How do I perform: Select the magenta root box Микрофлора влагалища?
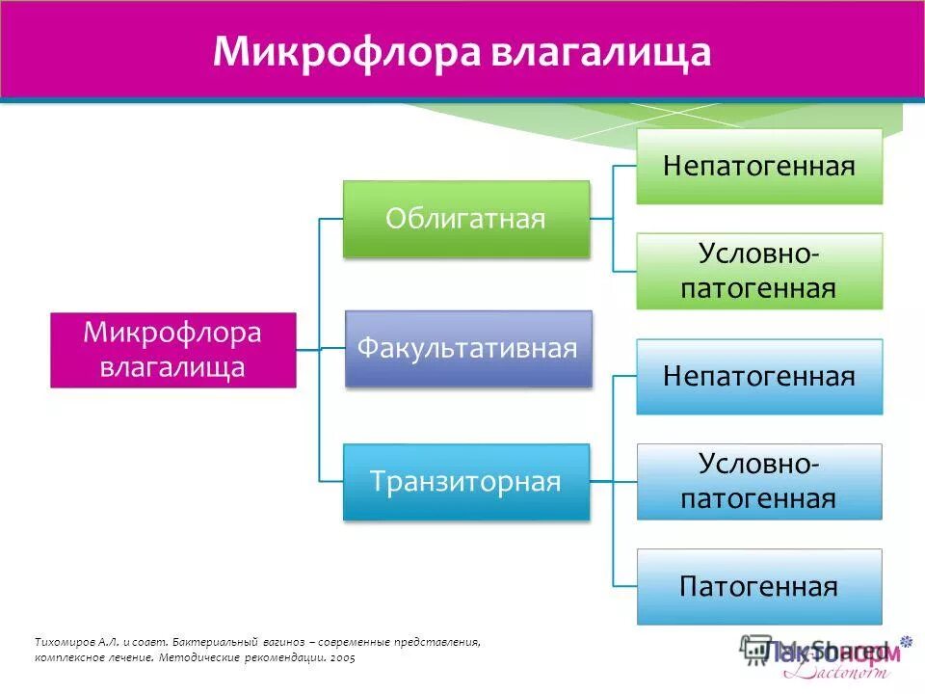[173, 350]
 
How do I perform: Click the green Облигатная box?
[466, 219]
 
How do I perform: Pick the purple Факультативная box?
[467, 348]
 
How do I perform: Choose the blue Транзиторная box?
[466, 482]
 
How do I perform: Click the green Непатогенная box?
[759, 166]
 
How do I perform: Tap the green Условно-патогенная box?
[759, 271]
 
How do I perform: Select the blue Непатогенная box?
[759, 376]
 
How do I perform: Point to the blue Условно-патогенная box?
[759, 482]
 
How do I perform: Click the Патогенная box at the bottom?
[759, 586]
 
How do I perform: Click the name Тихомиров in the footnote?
[64, 642]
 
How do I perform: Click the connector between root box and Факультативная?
[321, 349]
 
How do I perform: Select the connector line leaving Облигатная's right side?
[601, 219]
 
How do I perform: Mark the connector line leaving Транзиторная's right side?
[602, 481]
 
